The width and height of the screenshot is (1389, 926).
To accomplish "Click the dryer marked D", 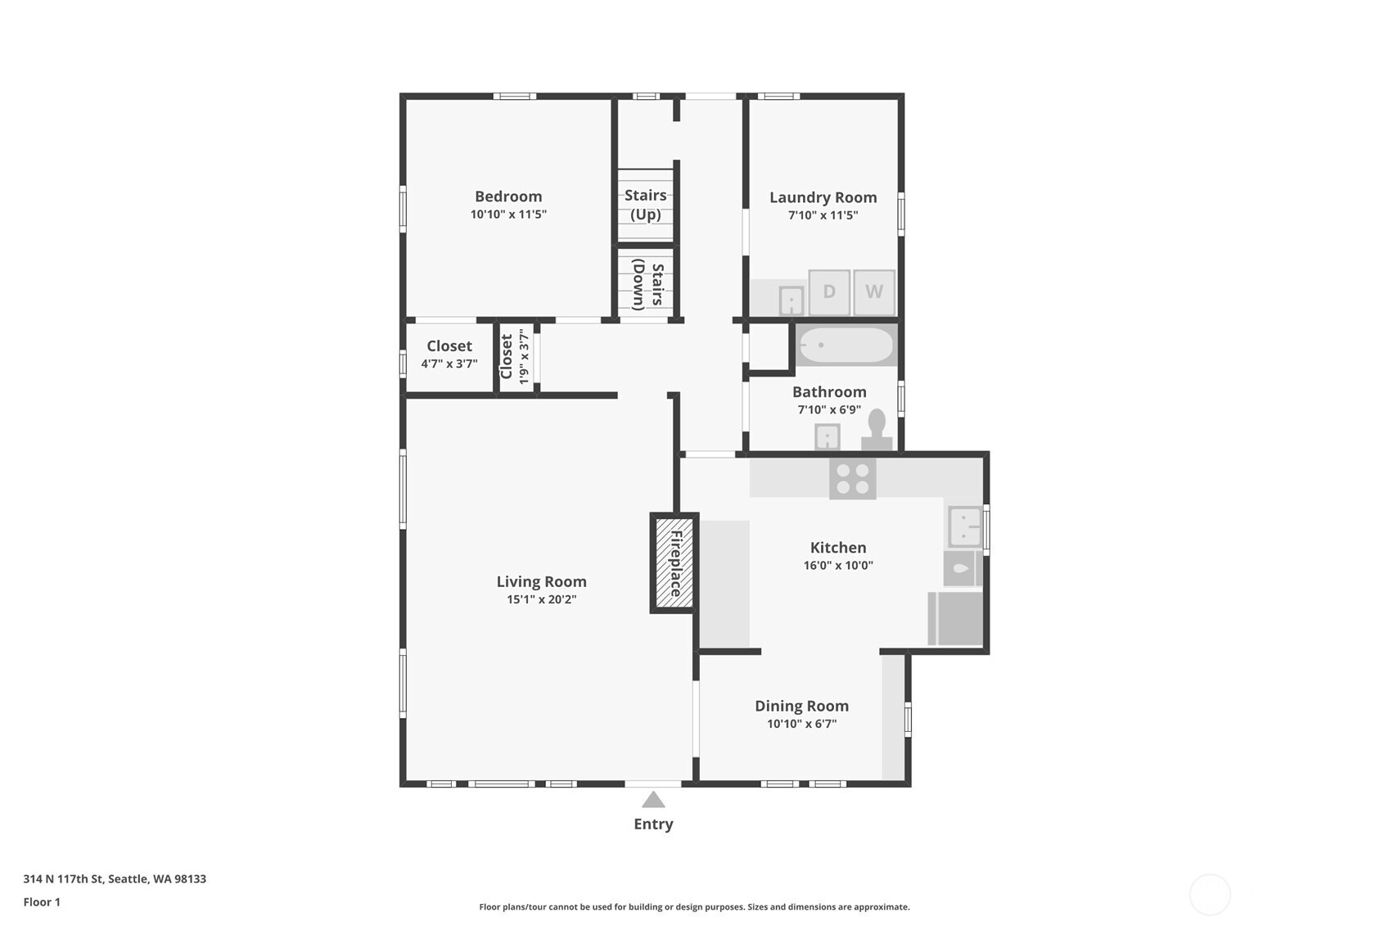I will pyautogui.click(x=828, y=292).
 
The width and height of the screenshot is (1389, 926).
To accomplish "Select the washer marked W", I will pyautogui.click(x=874, y=292).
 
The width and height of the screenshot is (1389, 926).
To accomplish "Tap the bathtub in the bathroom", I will pyautogui.click(x=846, y=346).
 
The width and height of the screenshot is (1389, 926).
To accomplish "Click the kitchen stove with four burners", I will pyautogui.click(x=852, y=478).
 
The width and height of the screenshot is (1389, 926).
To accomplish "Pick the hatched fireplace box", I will pyautogui.click(x=674, y=563).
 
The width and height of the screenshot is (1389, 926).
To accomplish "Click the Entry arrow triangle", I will pyautogui.click(x=653, y=800).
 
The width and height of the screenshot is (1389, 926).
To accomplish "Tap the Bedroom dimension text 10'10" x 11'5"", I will pyautogui.click(x=508, y=215).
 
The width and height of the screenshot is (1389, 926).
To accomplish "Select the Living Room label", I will pyautogui.click(x=541, y=581).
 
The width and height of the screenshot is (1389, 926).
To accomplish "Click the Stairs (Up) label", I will pyautogui.click(x=645, y=205).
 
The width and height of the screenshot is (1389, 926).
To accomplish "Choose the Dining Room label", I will pyautogui.click(x=801, y=706).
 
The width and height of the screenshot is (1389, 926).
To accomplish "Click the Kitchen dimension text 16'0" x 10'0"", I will pyautogui.click(x=838, y=565).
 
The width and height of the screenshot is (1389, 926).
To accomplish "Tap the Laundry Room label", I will pyautogui.click(x=823, y=197).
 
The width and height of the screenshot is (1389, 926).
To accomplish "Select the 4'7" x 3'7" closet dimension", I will pyautogui.click(x=449, y=364).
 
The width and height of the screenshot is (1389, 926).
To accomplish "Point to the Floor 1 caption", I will pyautogui.click(x=42, y=901).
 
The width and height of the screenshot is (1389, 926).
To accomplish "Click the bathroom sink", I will pyautogui.click(x=827, y=437).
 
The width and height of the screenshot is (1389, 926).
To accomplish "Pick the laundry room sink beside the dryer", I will pyautogui.click(x=791, y=300).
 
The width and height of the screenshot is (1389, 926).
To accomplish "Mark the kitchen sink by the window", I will pyautogui.click(x=964, y=526).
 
